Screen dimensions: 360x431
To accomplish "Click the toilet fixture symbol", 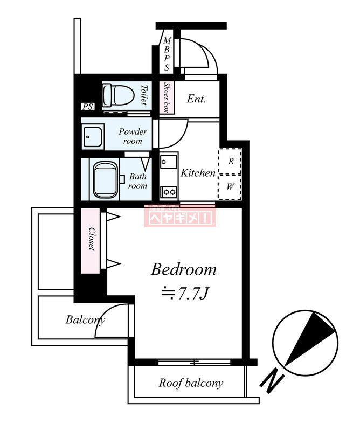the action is pyautogui.click(x=118, y=95).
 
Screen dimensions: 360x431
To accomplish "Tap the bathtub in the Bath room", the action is pyautogui.click(x=106, y=180).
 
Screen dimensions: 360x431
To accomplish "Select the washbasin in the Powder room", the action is pyautogui.click(x=93, y=137).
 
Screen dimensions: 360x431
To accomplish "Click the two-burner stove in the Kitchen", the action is pyautogui.click(x=169, y=192).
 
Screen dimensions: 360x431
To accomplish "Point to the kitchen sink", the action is pyautogui.click(x=169, y=162).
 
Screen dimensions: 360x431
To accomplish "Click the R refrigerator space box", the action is pyautogui.click(x=230, y=161).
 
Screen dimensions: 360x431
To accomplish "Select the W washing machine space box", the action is pyautogui.click(x=230, y=187).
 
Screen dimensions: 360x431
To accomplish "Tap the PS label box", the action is pyautogui.click(x=88, y=106).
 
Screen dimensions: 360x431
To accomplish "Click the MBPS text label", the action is pyautogui.click(x=167, y=54).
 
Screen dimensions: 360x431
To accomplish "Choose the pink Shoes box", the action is pyautogui.click(x=167, y=98).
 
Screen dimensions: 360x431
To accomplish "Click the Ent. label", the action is pyautogui.click(x=196, y=99).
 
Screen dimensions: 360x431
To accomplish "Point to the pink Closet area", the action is pyautogui.click(x=91, y=241).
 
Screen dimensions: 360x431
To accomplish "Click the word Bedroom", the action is pyautogui.click(x=184, y=270).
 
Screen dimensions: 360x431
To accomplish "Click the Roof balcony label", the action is pyautogui.click(x=191, y=383).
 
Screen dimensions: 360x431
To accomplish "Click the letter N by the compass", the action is pyautogui.click(x=272, y=382).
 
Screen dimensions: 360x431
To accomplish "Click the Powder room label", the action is pyautogui.click(x=133, y=136).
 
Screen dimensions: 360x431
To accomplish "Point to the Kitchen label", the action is pyautogui.click(x=198, y=173).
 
